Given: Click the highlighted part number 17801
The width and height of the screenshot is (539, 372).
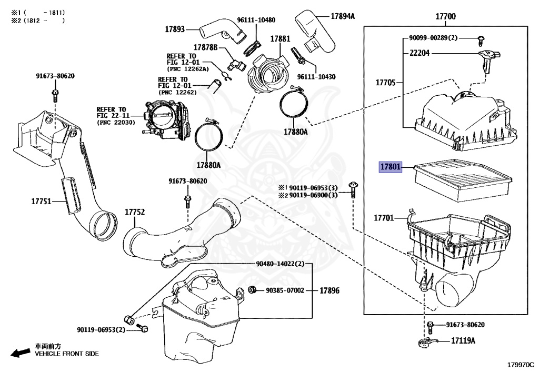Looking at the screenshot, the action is point(391,167).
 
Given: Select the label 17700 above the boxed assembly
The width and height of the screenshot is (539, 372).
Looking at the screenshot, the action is point(445,16).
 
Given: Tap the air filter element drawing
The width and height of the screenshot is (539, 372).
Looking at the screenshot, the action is point(463,180).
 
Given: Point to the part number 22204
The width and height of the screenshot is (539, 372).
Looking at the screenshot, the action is point(420,53).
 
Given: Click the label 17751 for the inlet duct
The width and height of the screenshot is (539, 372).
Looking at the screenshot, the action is point(41,202).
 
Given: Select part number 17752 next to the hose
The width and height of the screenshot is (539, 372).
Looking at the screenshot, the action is point(135,212).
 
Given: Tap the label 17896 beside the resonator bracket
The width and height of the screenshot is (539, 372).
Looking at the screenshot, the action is point(330,290).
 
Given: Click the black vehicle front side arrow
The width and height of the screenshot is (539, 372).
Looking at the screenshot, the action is point(21,353).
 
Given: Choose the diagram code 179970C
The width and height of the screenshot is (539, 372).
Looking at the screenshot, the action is point(521,365).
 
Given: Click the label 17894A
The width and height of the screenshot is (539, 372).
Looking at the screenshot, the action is point(343,16).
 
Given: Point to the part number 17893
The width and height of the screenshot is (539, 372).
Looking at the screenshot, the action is point(175,29).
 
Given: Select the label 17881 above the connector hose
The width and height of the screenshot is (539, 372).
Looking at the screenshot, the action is point(280,39).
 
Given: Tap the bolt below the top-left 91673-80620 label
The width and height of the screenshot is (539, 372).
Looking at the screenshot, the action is point(55,95).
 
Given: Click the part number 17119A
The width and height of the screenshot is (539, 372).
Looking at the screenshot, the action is point(463,341).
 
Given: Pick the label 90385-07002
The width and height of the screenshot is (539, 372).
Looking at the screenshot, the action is point(285,290).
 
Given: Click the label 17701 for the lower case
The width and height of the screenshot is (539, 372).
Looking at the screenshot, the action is point(384,218).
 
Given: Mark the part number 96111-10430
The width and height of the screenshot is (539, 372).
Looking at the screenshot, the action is point(316,77).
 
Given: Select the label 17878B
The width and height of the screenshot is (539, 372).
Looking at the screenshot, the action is point(206,47).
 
